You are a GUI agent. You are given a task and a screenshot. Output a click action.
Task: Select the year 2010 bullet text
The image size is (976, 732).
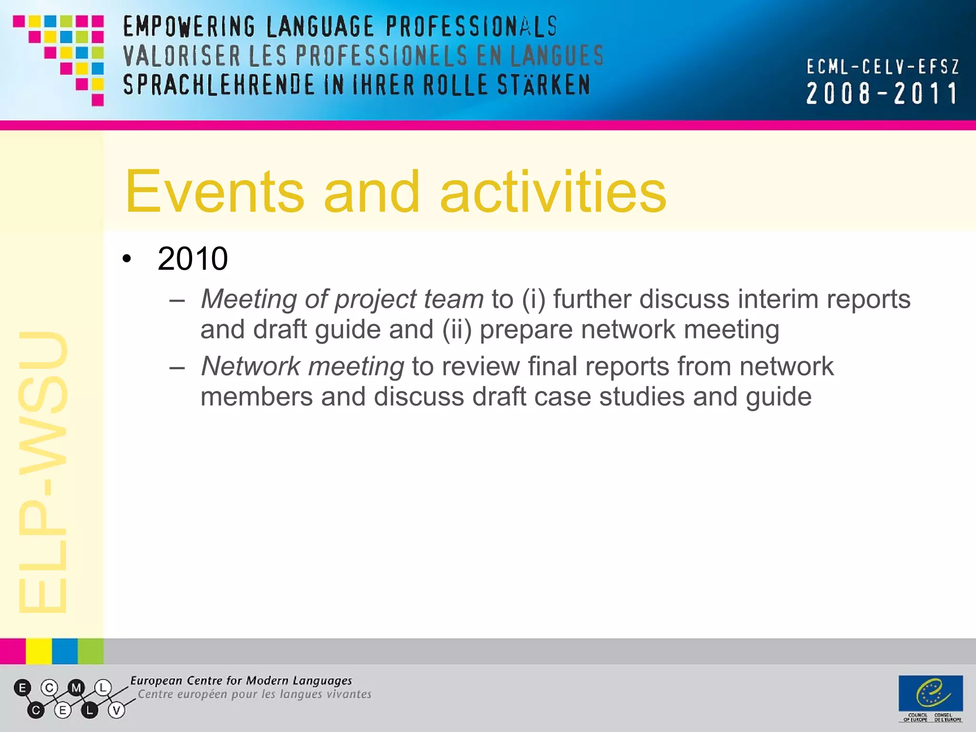(193, 259)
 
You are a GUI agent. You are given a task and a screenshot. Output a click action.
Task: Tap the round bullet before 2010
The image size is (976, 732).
(126, 259)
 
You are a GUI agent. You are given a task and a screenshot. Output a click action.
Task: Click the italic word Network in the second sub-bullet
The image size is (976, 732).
(250, 366)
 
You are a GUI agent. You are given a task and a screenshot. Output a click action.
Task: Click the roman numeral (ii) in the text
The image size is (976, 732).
(457, 330)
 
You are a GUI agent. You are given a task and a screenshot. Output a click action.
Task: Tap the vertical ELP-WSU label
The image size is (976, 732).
(43, 472)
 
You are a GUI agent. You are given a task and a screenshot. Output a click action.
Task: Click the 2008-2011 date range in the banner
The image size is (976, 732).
(882, 93)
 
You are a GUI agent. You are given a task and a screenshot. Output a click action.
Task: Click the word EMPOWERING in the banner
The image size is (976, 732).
(189, 27)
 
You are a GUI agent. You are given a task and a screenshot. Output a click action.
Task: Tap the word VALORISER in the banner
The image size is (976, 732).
(182, 56)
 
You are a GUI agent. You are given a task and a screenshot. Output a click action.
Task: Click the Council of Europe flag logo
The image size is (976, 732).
(930, 693)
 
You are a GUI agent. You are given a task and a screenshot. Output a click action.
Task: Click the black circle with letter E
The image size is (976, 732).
(22, 688)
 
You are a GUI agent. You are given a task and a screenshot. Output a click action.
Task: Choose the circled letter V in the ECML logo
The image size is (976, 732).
(116, 711)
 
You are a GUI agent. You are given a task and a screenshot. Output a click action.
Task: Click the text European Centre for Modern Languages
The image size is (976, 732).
(241, 681)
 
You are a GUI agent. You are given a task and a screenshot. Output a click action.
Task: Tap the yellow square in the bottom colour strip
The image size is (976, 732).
(39, 651)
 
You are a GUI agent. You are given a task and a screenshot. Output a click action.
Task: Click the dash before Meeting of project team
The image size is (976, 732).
(177, 301)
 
